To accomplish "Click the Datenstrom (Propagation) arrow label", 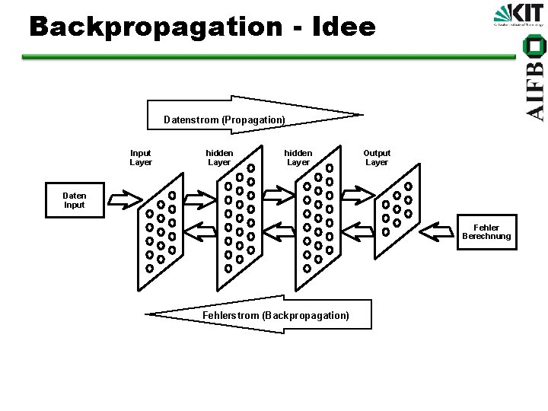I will [225, 119].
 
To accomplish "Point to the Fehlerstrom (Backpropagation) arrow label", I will [276, 315].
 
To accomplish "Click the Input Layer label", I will [141, 158].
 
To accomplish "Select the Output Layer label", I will [376, 158].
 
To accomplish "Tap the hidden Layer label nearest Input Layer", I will [219, 158].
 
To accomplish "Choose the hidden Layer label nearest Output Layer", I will [298, 158].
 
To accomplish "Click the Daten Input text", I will [75, 200].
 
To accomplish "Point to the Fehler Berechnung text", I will [486, 232].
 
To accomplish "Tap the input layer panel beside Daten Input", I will [161, 228].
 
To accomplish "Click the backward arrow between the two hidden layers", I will [279, 228].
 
